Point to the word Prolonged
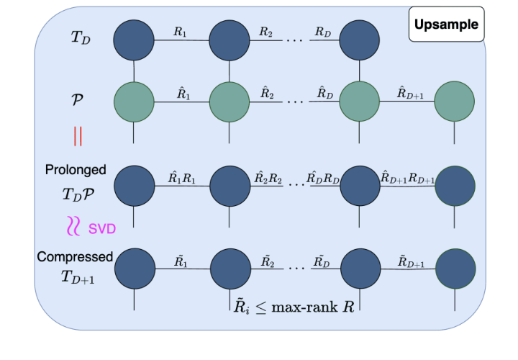coord(76,170)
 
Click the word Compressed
coord(76,256)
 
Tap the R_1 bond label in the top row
coord(181,32)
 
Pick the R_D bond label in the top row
coord(324,32)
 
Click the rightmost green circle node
coord(454,102)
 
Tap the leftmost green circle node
coord(135,102)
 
